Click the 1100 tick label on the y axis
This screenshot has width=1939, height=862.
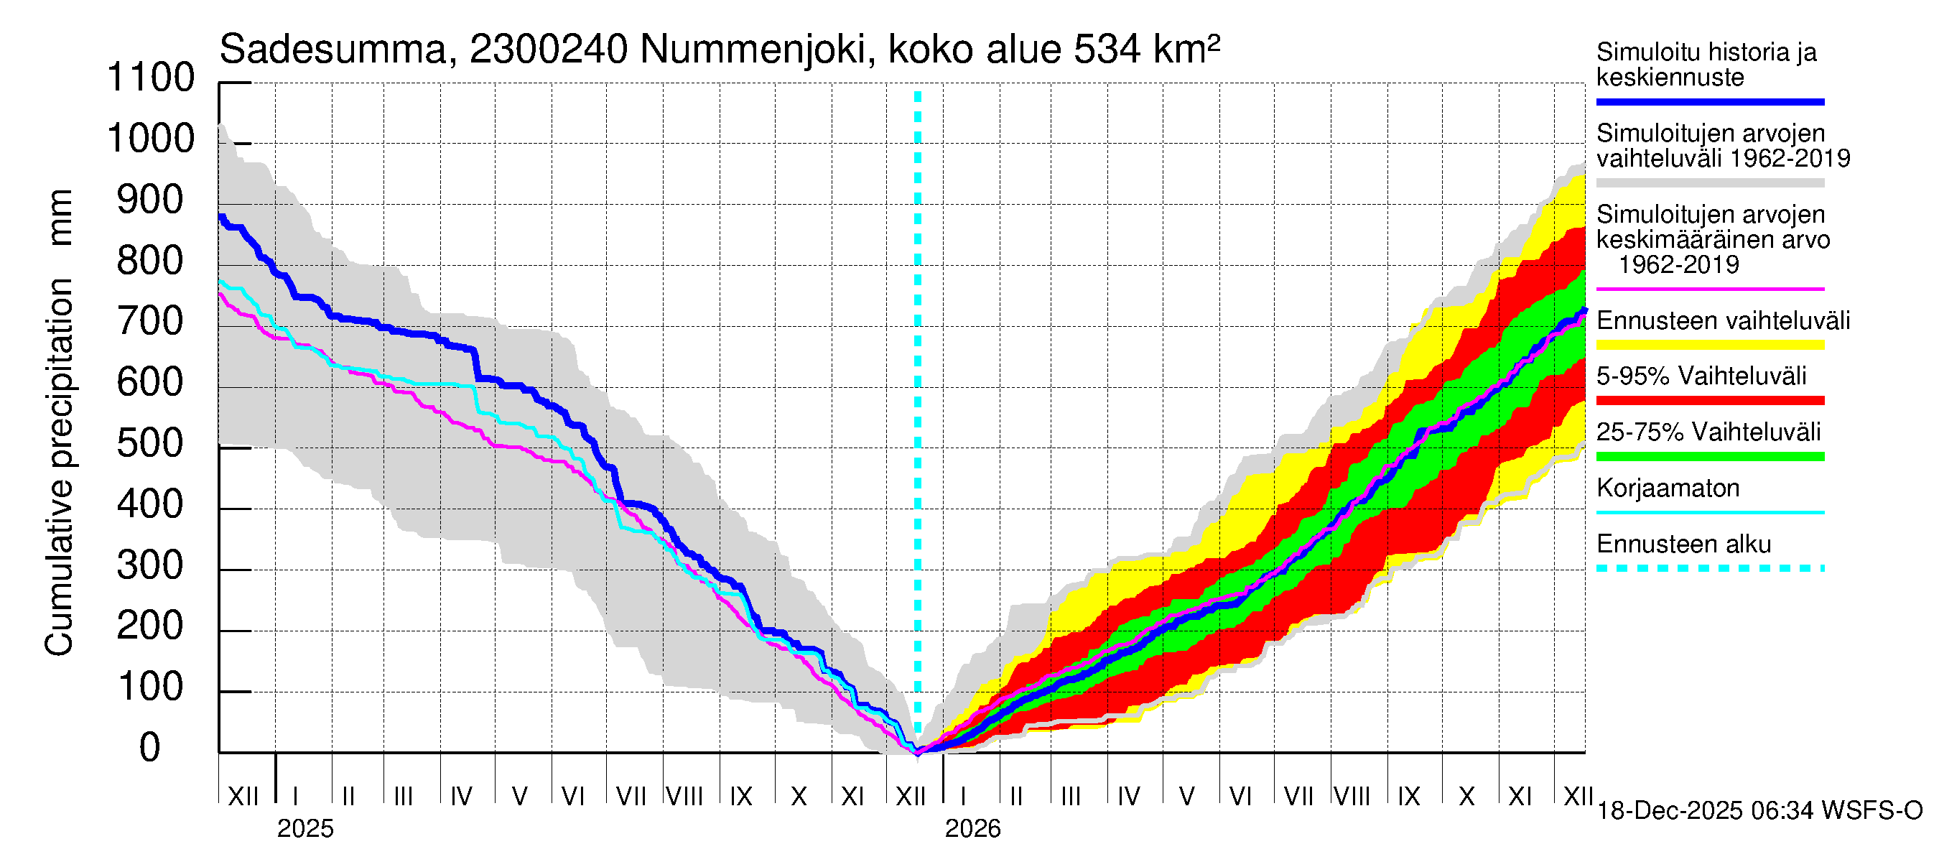pyautogui.click(x=151, y=78)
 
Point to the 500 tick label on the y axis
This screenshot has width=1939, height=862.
pyautogui.click(x=151, y=443)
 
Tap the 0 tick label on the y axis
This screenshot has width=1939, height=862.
pyautogui.click(x=151, y=748)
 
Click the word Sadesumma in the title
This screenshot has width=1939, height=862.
pyautogui.click(x=333, y=50)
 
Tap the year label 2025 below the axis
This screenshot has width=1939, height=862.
pyautogui.click(x=304, y=829)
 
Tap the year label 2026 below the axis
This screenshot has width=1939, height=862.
pyautogui.click(x=972, y=829)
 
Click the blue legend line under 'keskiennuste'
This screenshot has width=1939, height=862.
pyautogui.click(x=1709, y=101)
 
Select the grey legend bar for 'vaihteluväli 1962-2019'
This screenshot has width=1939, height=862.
pyautogui.click(x=1709, y=183)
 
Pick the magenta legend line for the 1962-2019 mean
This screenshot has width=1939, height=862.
pyautogui.click(x=1709, y=289)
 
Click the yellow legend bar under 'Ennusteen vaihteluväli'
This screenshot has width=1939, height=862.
pyautogui.click(x=1709, y=345)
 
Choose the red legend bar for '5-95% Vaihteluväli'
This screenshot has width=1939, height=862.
pyautogui.click(x=1709, y=401)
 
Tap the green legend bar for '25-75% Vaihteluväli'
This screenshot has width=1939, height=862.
pyautogui.click(x=1709, y=456)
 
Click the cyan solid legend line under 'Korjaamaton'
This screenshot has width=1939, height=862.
pyautogui.click(x=1709, y=513)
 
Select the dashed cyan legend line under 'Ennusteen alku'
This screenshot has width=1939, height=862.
pyautogui.click(x=1709, y=568)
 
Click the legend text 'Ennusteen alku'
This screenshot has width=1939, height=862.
pyautogui.click(x=1683, y=544)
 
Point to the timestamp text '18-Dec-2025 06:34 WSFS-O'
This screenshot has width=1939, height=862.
pyautogui.click(x=1759, y=811)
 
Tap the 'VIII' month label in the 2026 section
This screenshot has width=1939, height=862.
pyautogui.click(x=1352, y=796)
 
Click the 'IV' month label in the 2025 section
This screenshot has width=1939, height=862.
pyautogui.click(x=460, y=796)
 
